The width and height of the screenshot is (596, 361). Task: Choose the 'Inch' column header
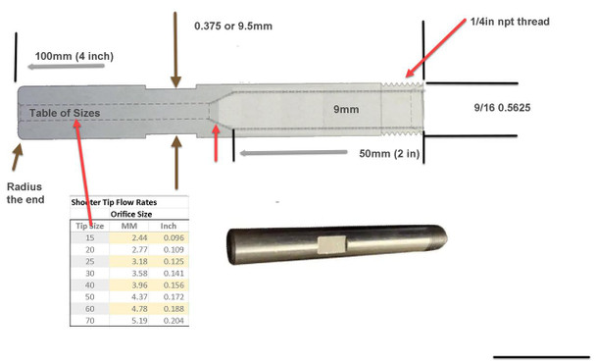coord(168,226)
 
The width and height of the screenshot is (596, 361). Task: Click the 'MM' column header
coord(128,226)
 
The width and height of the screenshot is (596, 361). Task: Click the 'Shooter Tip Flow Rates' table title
coord(128,202)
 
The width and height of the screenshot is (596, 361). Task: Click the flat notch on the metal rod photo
coord(330,244)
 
